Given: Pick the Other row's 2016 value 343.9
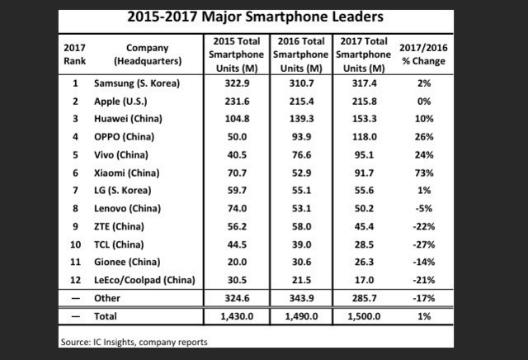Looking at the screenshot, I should coord(297,298).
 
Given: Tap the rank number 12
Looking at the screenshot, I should coord(75,280).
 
